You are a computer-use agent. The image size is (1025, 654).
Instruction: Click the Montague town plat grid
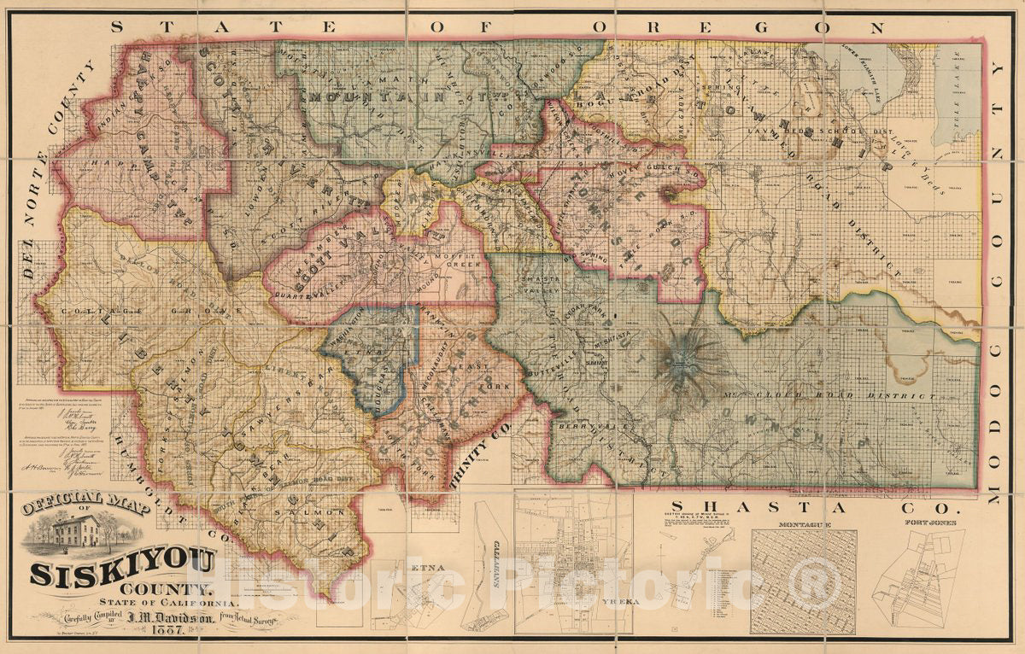click(x=803, y=581)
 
